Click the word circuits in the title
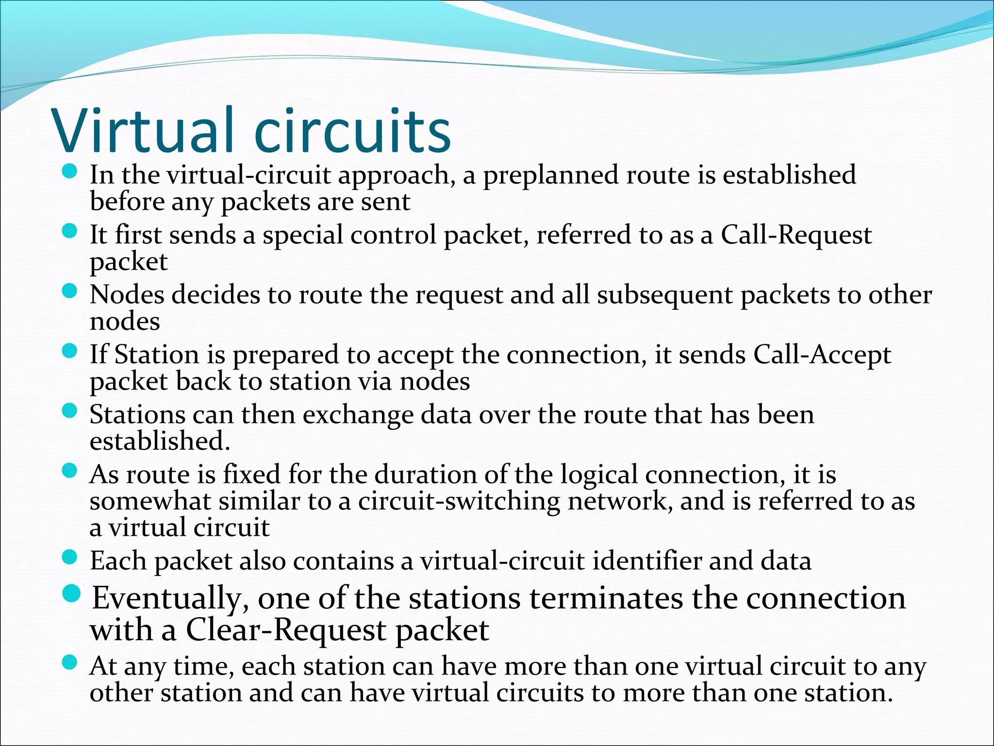(353, 130)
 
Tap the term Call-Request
(796, 236)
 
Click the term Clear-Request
(286, 630)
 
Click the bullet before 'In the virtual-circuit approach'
(70, 172)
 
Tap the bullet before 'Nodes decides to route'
(70, 291)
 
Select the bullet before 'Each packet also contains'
(70, 558)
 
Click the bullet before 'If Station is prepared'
(70, 351)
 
